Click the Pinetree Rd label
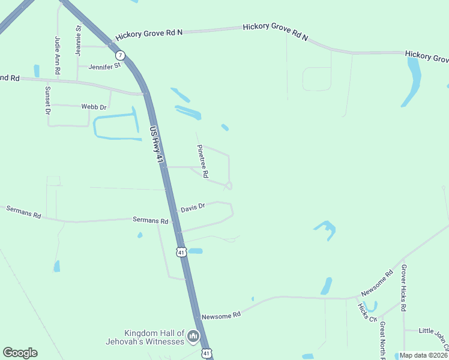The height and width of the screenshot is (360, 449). point(202,161)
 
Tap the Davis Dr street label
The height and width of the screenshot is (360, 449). point(193,208)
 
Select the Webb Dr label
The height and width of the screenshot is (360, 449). point(94,107)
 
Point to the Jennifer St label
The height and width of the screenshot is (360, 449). point(104,66)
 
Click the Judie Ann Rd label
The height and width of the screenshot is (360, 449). point(58,55)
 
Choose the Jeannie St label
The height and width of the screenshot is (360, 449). point(78,41)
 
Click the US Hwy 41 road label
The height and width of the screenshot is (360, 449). point(157,143)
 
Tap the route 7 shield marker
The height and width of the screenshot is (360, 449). point(121,55)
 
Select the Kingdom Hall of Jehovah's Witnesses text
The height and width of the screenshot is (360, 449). point(154,337)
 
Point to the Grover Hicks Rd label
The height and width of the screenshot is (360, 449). point(404,287)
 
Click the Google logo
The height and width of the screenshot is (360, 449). point(20,353)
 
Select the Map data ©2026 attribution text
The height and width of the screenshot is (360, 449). point(423,355)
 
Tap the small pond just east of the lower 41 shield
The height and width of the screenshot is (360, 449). point(196,251)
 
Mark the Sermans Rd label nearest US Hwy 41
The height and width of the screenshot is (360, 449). point(150,221)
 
